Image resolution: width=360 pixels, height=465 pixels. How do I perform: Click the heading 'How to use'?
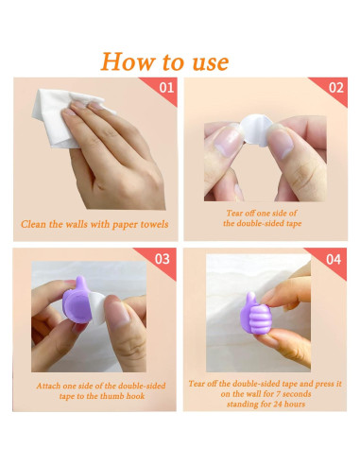tap(164, 61)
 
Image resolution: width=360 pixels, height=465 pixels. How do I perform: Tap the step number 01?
tap(166, 87)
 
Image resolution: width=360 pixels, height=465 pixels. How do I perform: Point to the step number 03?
tap(163, 259)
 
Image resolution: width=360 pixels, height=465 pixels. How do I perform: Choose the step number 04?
tap(334, 259)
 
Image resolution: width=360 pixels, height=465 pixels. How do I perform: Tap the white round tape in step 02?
tap(256, 129)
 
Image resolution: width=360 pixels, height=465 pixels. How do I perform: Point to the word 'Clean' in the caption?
tap(34, 224)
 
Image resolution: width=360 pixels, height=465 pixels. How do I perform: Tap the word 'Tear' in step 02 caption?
tap(233, 213)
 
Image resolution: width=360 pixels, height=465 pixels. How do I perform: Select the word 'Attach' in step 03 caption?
tap(48, 386)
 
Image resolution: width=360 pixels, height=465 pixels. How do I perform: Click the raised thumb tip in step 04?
tap(251, 295)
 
